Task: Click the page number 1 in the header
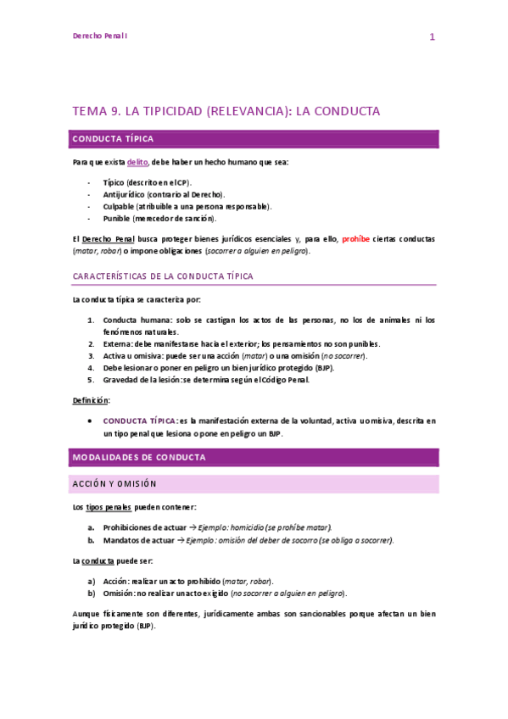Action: point(432,37)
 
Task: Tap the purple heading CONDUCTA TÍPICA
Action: point(113,139)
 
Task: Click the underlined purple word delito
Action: point(137,162)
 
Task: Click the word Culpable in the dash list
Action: point(118,206)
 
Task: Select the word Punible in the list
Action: point(117,218)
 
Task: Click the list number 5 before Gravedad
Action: point(91,380)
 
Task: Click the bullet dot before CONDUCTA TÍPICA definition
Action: point(90,421)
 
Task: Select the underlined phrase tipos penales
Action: point(109,507)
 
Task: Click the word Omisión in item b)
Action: point(119,594)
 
